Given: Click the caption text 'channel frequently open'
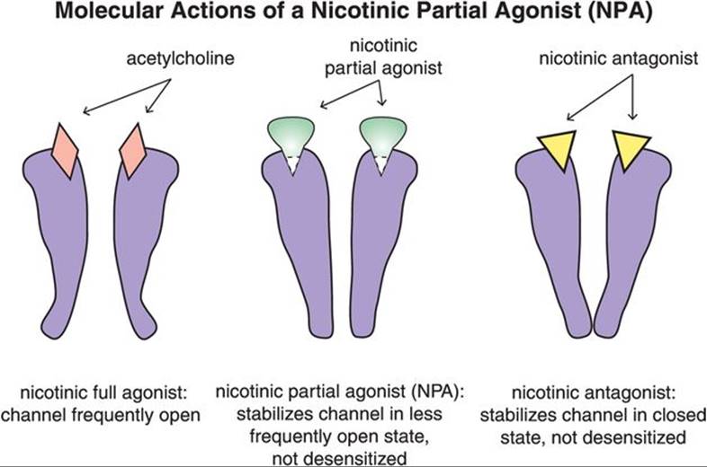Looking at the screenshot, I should pyautogui.click(x=112, y=416).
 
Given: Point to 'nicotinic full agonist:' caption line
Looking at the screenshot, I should pyautogui.click(x=112, y=396).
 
